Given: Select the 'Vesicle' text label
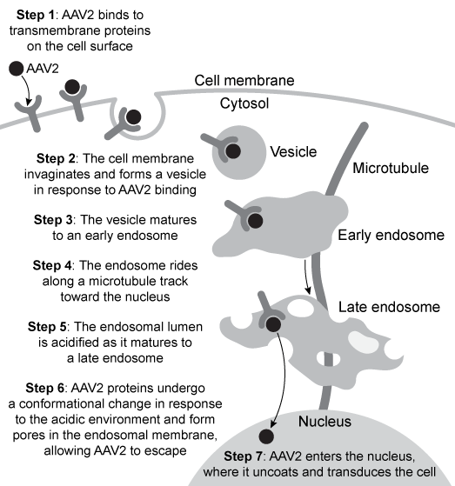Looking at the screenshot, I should (x=293, y=150).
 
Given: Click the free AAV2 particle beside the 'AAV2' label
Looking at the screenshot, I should (x=16, y=68).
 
